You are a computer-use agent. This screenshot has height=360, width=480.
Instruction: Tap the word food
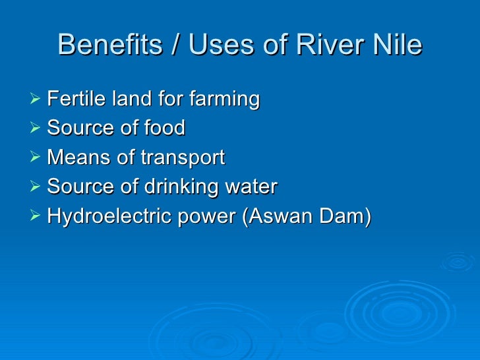(164, 128)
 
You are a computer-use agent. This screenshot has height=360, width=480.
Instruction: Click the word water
(253, 187)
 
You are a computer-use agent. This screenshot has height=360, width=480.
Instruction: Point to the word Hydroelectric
(103, 216)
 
